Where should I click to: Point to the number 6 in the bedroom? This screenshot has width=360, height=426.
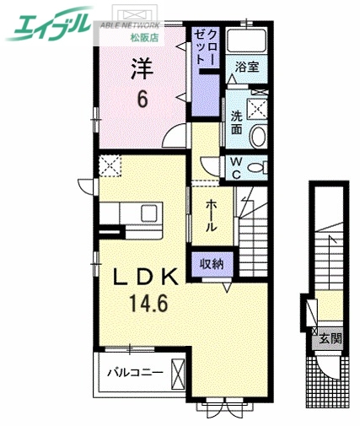point(142,100)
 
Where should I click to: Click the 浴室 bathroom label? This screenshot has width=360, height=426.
point(246,66)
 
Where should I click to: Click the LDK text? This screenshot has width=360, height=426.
point(141,277)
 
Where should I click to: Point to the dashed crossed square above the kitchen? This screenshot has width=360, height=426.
point(110,164)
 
